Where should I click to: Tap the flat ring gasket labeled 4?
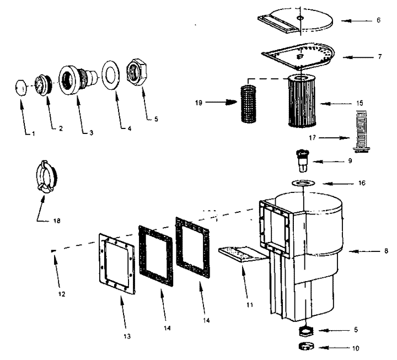point(111,74)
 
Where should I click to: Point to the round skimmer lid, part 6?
point(296,21)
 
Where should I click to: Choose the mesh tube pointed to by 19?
point(248,104)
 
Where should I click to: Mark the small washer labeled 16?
point(303,183)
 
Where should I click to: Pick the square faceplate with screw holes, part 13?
point(116,264)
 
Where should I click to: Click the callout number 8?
point(386,251)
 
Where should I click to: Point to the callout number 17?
point(313,137)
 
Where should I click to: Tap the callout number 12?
point(62,294)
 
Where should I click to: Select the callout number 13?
point(127,336)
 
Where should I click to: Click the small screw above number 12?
point(53,251)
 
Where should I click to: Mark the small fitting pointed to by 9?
point(302,161)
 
